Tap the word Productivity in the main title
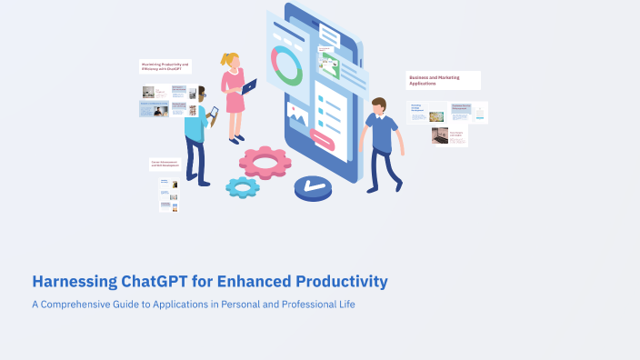click(x=338, y=282)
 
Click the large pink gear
click(x=265, y=162)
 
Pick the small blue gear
click(x=243, y=187)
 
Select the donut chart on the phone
click(x=287, y=66)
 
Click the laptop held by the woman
click(x=249, y=86)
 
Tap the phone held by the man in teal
click(x=215, y=113)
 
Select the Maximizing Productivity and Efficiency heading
click(x=165, y=66)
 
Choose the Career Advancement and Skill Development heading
click(x=165, y=165)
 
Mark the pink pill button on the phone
click(x=322, y=138)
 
